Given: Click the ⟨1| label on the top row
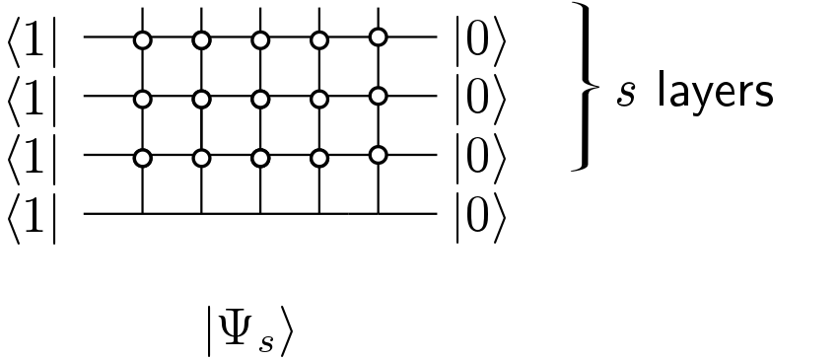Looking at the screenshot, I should (x=33, y=40).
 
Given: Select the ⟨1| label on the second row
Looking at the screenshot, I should (x=33, y=99).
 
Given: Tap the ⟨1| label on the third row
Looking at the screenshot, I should (x=33, y=157).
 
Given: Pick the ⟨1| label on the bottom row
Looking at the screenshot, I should (x=33, y=214).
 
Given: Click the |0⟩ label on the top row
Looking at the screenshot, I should (x=480, y=40).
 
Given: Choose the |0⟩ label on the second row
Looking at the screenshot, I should (x=480, y=99).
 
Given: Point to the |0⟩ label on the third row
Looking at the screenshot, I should (x=480, y=157).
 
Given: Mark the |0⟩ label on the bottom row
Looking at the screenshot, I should (x=480, y=214).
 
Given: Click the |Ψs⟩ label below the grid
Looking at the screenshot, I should (x=248, y=331).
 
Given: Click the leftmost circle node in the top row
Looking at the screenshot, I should (x=143, y=40).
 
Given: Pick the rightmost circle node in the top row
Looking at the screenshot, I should (x=377, y=38).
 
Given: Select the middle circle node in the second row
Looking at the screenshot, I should (x=260, y=99).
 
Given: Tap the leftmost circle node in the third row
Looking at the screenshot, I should (x=143, y=157).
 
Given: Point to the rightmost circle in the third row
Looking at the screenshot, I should (x=377, y=155).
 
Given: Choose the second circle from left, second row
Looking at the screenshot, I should (x=202, y=99).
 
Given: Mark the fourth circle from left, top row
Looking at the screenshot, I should (x=318, y=40).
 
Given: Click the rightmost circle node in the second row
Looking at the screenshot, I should (x=377, y=97).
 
